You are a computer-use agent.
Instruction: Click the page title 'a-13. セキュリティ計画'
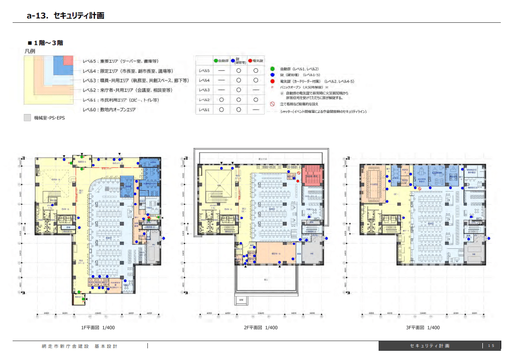(65, 16)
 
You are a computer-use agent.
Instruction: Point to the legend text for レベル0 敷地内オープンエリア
(109, 110)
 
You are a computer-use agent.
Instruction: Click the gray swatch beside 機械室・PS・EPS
(28, 118)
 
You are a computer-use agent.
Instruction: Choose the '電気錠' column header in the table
(255, 61)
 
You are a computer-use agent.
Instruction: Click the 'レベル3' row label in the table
(204, 90)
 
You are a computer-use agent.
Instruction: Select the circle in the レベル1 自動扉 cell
(222, 110)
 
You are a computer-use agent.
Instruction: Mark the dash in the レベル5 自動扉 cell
(222, 70)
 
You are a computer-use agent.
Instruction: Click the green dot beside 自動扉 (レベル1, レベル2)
(272, 69)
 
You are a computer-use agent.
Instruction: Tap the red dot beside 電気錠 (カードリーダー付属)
(272, 82)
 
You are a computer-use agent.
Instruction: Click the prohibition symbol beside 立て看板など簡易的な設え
(272, 104)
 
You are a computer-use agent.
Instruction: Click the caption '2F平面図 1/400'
(261, 327)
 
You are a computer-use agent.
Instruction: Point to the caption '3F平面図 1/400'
(423, 327)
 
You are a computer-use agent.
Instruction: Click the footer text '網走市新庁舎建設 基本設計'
(80, 346)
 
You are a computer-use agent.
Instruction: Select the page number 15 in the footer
(491, 346)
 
